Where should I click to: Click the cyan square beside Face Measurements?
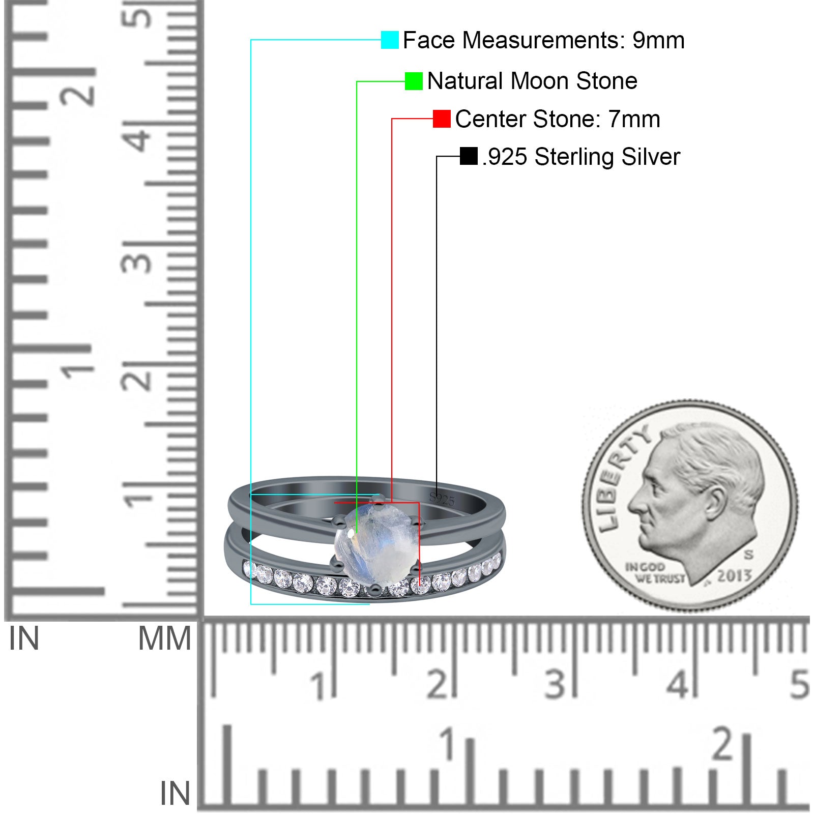390,40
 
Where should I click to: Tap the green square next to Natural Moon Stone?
414,81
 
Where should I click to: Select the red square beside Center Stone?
442,119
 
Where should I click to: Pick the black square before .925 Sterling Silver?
469,156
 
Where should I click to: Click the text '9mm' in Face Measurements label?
658,41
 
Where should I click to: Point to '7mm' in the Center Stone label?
634,119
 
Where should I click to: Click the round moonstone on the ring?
373,542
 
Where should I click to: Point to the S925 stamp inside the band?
442,499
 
